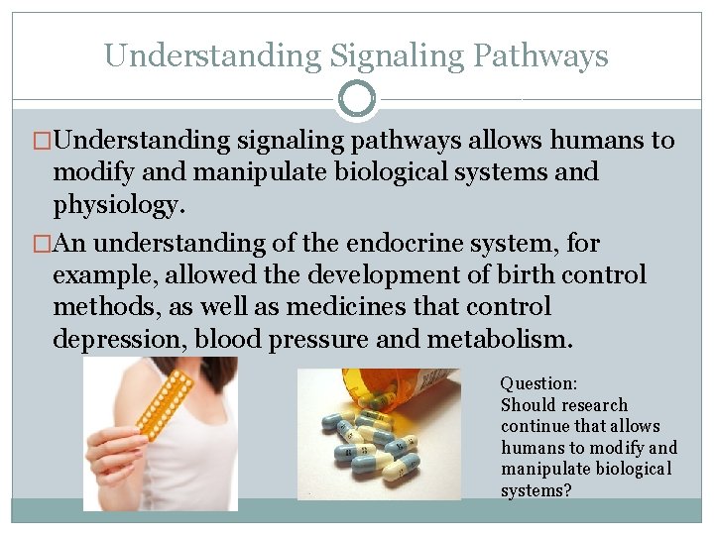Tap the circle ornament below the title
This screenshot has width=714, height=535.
point(357,99)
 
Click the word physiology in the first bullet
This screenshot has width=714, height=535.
point(118,206)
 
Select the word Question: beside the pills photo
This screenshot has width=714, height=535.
point(538,382)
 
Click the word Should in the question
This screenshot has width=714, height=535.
point(527,404)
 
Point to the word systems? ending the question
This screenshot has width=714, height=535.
point(535,490)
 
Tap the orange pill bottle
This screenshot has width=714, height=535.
point(416,386)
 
